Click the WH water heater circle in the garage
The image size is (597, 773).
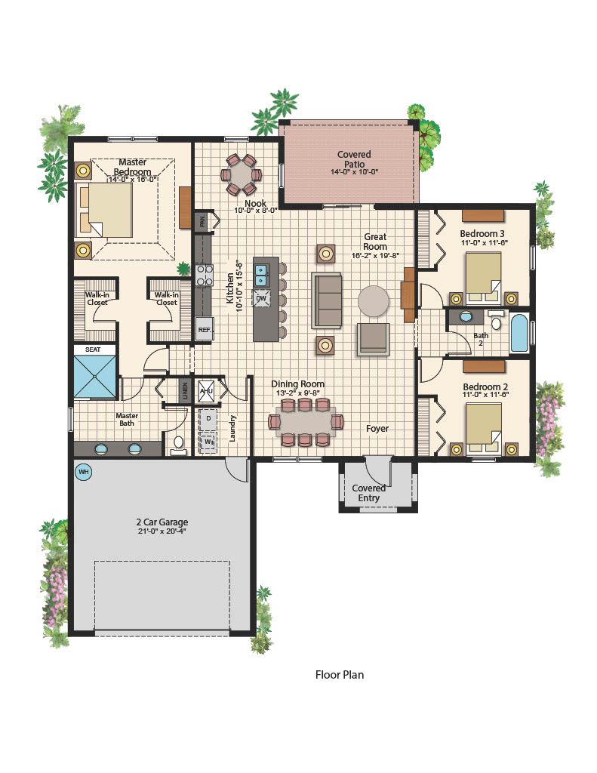pos(85,472)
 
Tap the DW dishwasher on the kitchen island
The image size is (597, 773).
pos(261,298)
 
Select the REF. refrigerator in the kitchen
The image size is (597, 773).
pos(204,329)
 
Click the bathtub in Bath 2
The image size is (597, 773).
pos(519,333)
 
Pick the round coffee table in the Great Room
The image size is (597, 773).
pos(373,300)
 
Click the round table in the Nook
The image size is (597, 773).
pos(242,174)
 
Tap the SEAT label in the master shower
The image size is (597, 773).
pos(93,350)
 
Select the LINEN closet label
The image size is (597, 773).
pos(185,390)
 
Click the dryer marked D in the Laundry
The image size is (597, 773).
pos(208,418)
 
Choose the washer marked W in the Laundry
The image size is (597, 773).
pos(208,441)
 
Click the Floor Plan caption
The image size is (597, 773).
pos(340,674)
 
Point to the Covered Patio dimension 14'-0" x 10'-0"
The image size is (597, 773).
pos(355,172)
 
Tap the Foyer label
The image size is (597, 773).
pos(377,429)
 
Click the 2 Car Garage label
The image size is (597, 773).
pos(162,522)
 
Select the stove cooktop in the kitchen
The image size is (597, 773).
pos(204,276)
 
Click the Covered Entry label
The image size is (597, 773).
pos(368,493)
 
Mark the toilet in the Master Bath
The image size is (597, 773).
pos(178,444)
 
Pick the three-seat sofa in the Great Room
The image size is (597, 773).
pos(326,300)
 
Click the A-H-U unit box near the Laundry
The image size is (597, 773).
pos(205,390)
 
